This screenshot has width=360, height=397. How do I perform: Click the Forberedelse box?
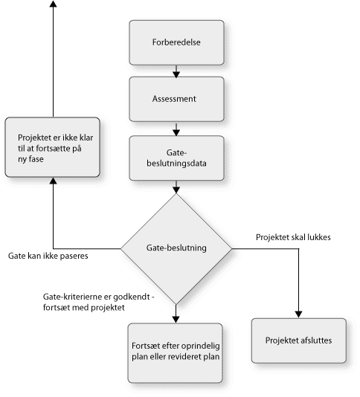click(x=176, y=42)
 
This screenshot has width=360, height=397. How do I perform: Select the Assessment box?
click(x=176, y=99)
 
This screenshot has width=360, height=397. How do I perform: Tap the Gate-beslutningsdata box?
click(x=176, y=158)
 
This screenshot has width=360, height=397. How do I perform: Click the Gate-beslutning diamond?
click(x=176, y=248)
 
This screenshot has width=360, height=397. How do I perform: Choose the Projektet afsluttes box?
click(x=299, y=340)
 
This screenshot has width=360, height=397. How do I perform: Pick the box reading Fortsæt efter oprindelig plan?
click(x=176, y=353)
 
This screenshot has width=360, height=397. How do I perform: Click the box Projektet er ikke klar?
click(x=53, y=147)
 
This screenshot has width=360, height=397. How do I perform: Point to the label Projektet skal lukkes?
click(x=293, y=237)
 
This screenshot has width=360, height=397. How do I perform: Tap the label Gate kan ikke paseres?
click(x=48, y=256)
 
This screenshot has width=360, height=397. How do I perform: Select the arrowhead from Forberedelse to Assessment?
click(x=176, y=74)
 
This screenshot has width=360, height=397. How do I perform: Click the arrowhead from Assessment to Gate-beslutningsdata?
click(x=176, y=132)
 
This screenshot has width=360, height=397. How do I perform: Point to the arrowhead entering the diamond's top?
click(x=176, y=190)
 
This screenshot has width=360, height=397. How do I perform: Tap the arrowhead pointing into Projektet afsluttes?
click(x=299, y=314)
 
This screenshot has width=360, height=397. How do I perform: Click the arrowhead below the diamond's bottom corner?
click(x=176, y=320)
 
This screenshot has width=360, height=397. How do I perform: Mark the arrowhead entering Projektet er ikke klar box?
click(x=54, y=181)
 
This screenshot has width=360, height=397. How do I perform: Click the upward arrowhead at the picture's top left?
click(x=54, y=4)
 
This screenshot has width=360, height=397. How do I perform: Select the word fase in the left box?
click(x=36, y=159)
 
